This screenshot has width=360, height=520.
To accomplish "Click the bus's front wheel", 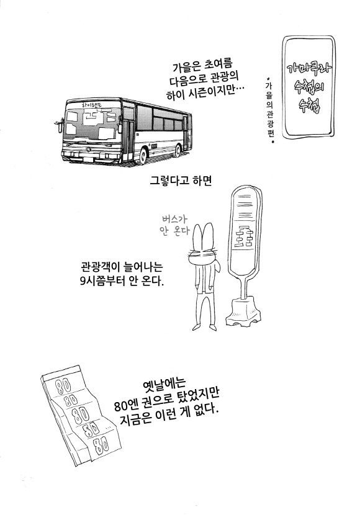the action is pyautogui.click(x=143, y=156).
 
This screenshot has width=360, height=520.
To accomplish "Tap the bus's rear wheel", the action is pyautogui.click(x=178, y=150).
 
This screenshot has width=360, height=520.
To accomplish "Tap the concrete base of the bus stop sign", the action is pyautogui.click(x=243, y=312).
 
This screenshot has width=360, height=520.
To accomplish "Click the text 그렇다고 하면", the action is pyautogui.click(x=181, y=181).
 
